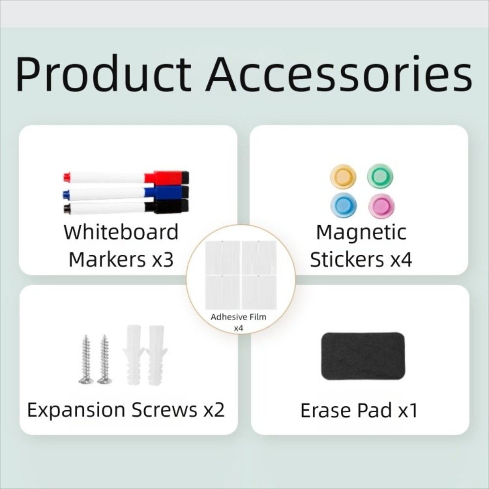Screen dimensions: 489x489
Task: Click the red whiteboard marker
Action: pos(125,176)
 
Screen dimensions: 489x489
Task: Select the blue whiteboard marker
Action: pos(125,192)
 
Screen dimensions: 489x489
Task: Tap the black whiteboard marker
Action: pos(125,207)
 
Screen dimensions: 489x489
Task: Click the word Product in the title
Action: pos(103,74)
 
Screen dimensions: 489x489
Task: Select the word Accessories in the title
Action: pos(338,74)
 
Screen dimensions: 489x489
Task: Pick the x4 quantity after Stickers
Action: pos(401,259)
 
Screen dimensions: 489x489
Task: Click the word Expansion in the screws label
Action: pos(75,410)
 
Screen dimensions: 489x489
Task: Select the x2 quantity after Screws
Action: pos(214,410)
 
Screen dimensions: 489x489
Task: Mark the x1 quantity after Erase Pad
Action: pos(407,411)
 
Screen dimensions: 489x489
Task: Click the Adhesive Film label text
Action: pos(239,317)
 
